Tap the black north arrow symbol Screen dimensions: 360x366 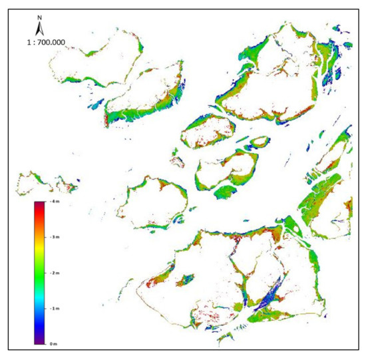click(x=40, y=30)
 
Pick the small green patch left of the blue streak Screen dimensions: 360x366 click(x=240, y=307)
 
